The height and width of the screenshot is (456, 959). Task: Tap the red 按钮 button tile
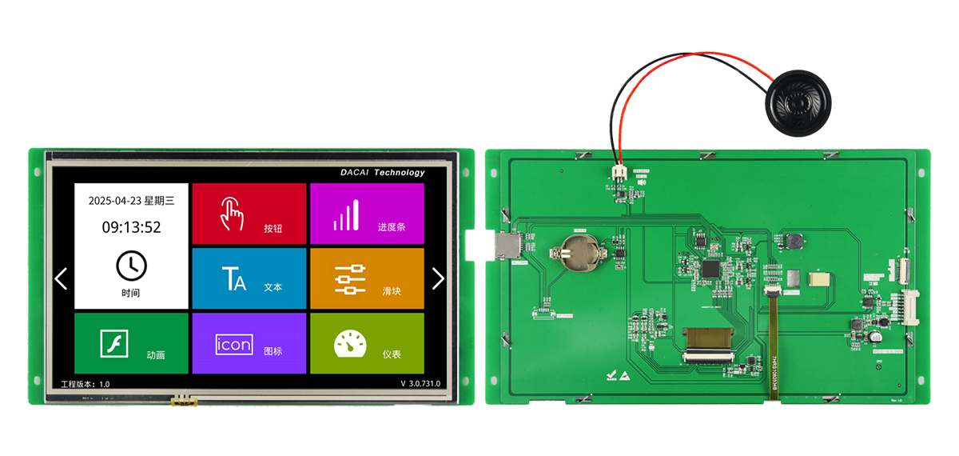[x=249, y=213]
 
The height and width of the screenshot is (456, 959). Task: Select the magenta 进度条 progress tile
[x=367, y=213]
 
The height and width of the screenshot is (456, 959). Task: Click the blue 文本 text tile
[x=249, y=278]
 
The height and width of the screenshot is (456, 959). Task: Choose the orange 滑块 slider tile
[x=367, y=278]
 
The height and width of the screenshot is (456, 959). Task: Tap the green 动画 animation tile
[x=131, y=343]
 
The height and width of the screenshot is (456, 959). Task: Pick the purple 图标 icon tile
[x=249, y=343]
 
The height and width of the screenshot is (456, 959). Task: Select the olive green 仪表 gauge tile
[x=367, y=343]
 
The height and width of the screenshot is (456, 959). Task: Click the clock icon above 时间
[x=131, y=265]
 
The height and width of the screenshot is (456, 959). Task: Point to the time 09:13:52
[x=131, y=227]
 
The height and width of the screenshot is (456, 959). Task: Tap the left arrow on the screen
[x=61, y=278]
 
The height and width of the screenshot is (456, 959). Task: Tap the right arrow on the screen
[x=437, y=278]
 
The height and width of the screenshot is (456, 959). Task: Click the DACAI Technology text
[x=383, y=172]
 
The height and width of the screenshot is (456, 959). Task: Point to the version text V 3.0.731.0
[x=420, y=384]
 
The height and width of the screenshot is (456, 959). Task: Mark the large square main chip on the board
[x=710, y=268]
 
